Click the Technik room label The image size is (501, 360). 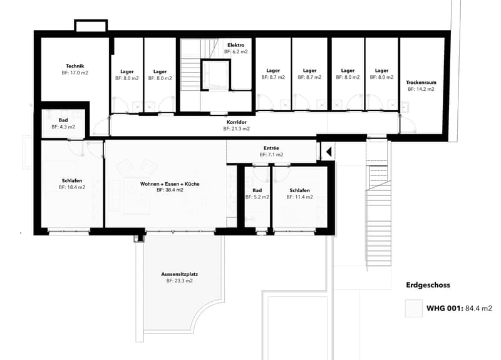pyautogui.click(x=75, y=66)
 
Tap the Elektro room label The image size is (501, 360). pyautogui.click(x=236, y=45)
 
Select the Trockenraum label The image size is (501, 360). pyautogui.click(x=421, y=83)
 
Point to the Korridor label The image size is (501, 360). pyautogui.click(x=237, y=122)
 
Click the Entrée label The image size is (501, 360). pyautogui.click(x=271, y=148)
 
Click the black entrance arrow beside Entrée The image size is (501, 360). pyautogui.click(x=329, y=152)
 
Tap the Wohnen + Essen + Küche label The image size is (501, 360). pyautogui.click(x=170, y=184)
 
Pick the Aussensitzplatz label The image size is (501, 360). pyautogui.click(x=179, y=274)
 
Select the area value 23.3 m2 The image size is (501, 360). pyautogui.click(x=183, y=281)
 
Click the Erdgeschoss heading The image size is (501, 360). pyautogui.click(x=428, y=285)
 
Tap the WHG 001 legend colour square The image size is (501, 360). pyautogui.click(x=413, y=308)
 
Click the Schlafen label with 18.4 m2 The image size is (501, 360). pyautogui.click(x=72, y=181)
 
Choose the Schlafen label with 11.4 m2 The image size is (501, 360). pyautogui.click(x=299, y=191)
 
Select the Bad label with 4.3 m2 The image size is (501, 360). pyautogui.click(x=63, y=120)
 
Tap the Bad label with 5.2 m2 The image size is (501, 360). pyautogui.click(x=257, y=190)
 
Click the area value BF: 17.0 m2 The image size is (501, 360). pyautogui.click(x=75, y=73)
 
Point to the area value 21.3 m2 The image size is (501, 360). pyautogui.click(x=240, y=129)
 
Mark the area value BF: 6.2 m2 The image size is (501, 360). pyautogui.click(x=236, y=52)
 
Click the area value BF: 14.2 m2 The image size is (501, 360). pyautogui.click(x=421, y=89)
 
